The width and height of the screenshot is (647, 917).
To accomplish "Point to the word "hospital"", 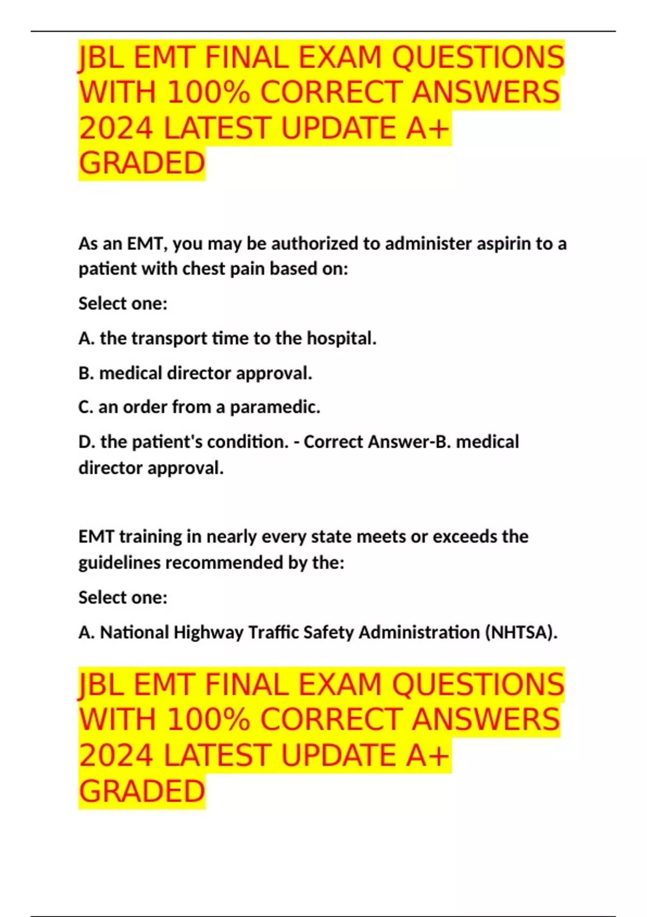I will pyautogui.click(x=341, y=338).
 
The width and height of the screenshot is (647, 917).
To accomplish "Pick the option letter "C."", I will pyautogui.click(x=86, y=407).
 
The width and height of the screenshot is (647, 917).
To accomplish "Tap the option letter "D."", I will pyautogui.click(x=86, y=442).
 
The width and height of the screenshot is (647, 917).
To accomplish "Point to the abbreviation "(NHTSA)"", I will pyautogui.click(x=521, y=632).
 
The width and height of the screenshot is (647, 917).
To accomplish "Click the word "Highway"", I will pyautogui.click(x=209, y=632).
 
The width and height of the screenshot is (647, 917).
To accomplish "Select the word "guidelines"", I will pyautogui.click(x=119, y=563).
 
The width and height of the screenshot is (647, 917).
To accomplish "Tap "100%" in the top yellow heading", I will pyautogui.click(x=208, y=93).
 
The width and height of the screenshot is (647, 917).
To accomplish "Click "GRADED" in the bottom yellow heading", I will pyautogui.click(x=142, y=791).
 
